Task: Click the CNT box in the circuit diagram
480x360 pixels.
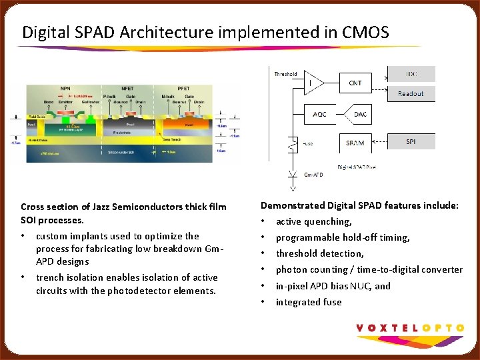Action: coord(355,83)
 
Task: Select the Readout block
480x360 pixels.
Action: coord(411,93)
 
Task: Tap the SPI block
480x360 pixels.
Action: coord(411,141)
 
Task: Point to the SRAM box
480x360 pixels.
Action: coord(355,143)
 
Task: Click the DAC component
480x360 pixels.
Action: coord(360,114)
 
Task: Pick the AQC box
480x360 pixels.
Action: coord(320,114)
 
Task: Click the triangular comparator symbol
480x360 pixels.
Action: coord(313,83)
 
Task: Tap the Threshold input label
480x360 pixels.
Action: coord(285,74)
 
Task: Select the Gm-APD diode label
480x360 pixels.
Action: coord(314,175)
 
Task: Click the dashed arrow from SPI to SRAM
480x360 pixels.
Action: coord(381,141)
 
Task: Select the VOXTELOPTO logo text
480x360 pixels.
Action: coord(410,327)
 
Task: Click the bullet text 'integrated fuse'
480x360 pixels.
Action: coord(309,302)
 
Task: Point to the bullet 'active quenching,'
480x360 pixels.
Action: coord(313,221)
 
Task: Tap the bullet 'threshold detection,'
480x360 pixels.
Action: coord(320,253)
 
